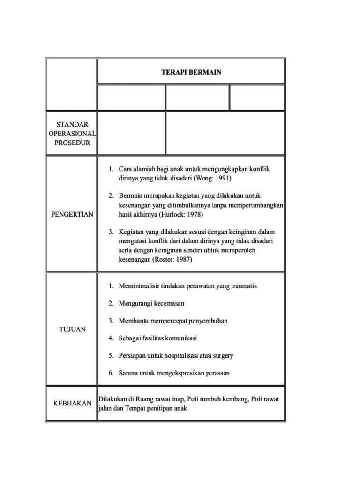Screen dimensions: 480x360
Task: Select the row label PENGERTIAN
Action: coord(72,214)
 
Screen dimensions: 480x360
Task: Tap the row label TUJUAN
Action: coord(72,329)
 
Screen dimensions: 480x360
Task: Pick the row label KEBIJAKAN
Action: coord(72,403)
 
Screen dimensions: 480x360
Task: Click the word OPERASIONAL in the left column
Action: coord(72,134)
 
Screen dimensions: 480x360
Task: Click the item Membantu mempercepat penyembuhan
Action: coord(173,321)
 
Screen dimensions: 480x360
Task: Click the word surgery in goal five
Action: coord(222,355)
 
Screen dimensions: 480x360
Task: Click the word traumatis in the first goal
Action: coord(240,285)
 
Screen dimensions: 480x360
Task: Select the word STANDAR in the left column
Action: coord(72,125)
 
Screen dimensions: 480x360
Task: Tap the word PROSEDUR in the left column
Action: coord(72,142)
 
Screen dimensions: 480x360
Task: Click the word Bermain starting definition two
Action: coord(131,196)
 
